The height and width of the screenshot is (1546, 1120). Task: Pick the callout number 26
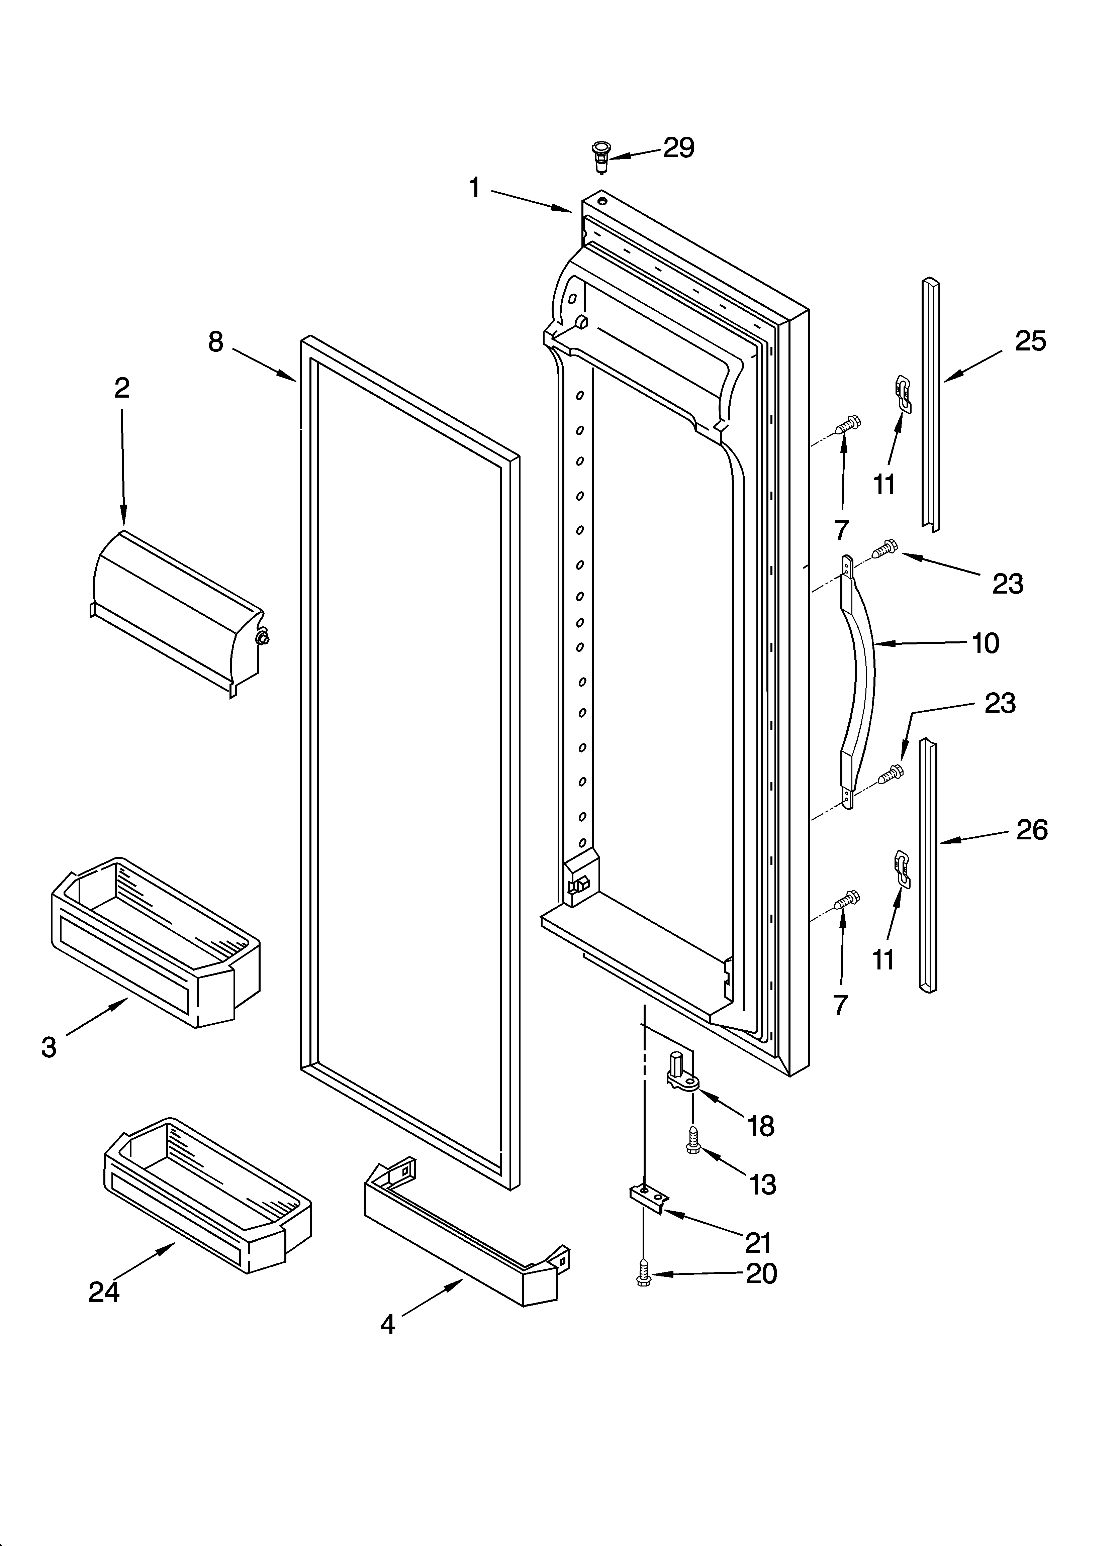coord(1031,830)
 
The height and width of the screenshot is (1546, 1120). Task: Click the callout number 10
coord(985,643)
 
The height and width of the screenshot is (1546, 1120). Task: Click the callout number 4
coord(387,1324)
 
